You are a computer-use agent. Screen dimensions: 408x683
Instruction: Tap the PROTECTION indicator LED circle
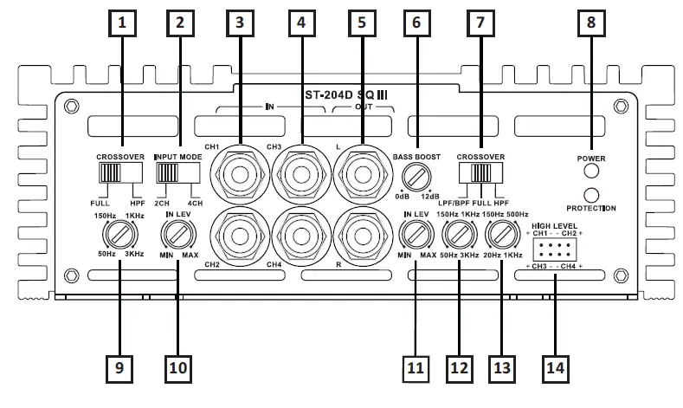[x=593, y=195]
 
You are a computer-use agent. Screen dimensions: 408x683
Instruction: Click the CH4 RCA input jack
[x=300, y=231]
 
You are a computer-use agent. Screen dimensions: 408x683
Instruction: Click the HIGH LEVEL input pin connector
[x=553, y=251]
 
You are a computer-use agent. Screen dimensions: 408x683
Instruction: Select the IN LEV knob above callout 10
[x=177, y=234]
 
